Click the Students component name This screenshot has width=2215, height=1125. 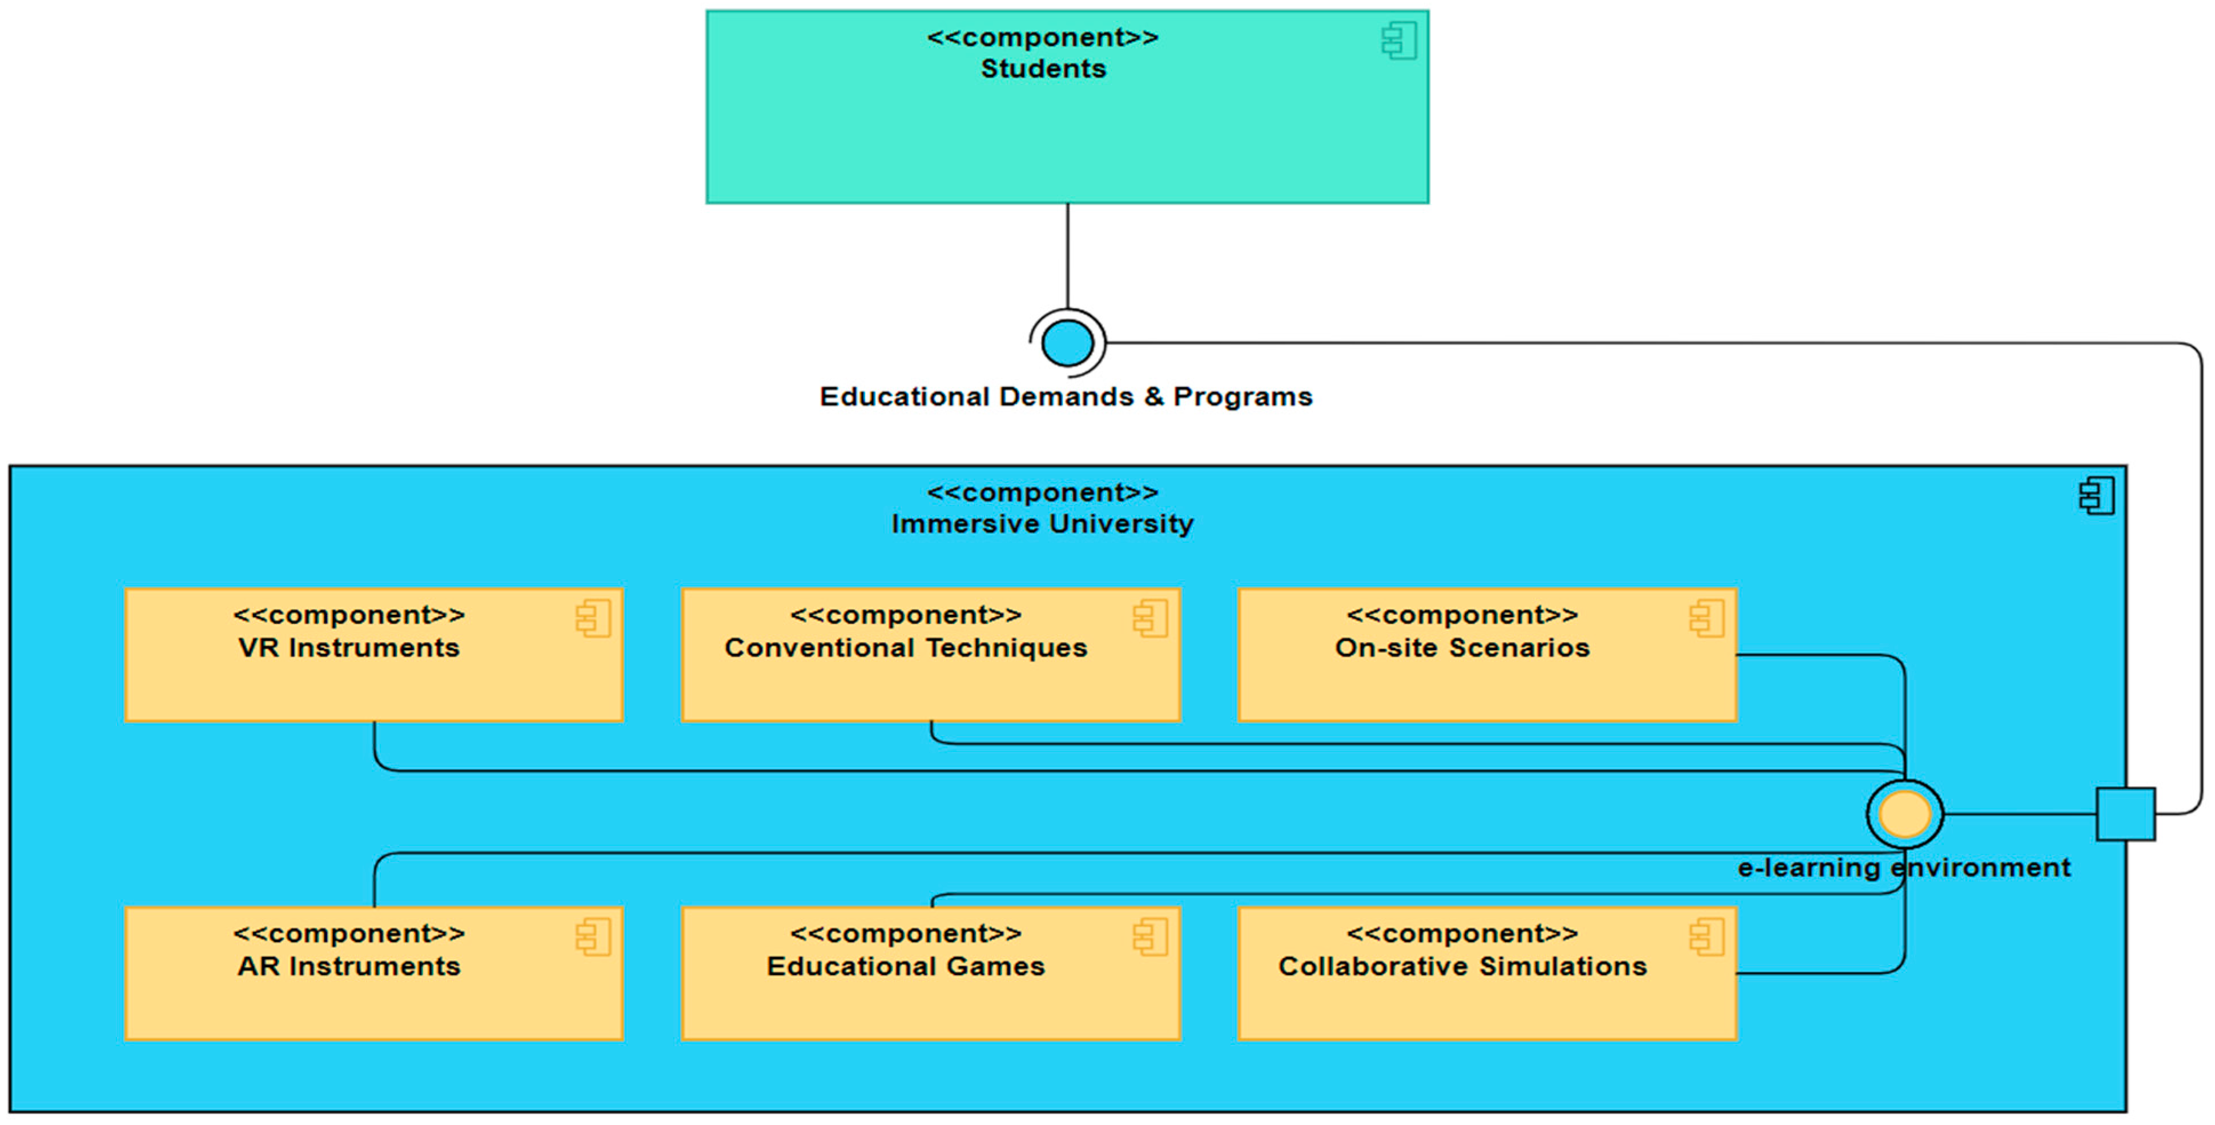(1043, 69)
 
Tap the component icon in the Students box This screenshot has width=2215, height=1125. (1399, 41)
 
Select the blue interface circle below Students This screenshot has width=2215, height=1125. (1067, 343)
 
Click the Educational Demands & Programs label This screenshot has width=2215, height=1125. (1066, 397)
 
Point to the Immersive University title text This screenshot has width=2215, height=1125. (1042, 524)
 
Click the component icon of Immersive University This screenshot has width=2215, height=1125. (2096, 497)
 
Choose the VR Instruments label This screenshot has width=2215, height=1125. (349, 648)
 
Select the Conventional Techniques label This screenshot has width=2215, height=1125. (906, 648)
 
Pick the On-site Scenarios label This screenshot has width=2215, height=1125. (1462, 648)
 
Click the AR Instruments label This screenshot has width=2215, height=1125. (349, 966)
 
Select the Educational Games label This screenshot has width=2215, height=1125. (906, 966)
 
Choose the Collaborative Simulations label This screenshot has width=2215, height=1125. (1462, 966)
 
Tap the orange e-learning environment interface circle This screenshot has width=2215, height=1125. (1904, 814)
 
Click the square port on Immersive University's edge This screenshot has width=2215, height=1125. (2125, 814)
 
